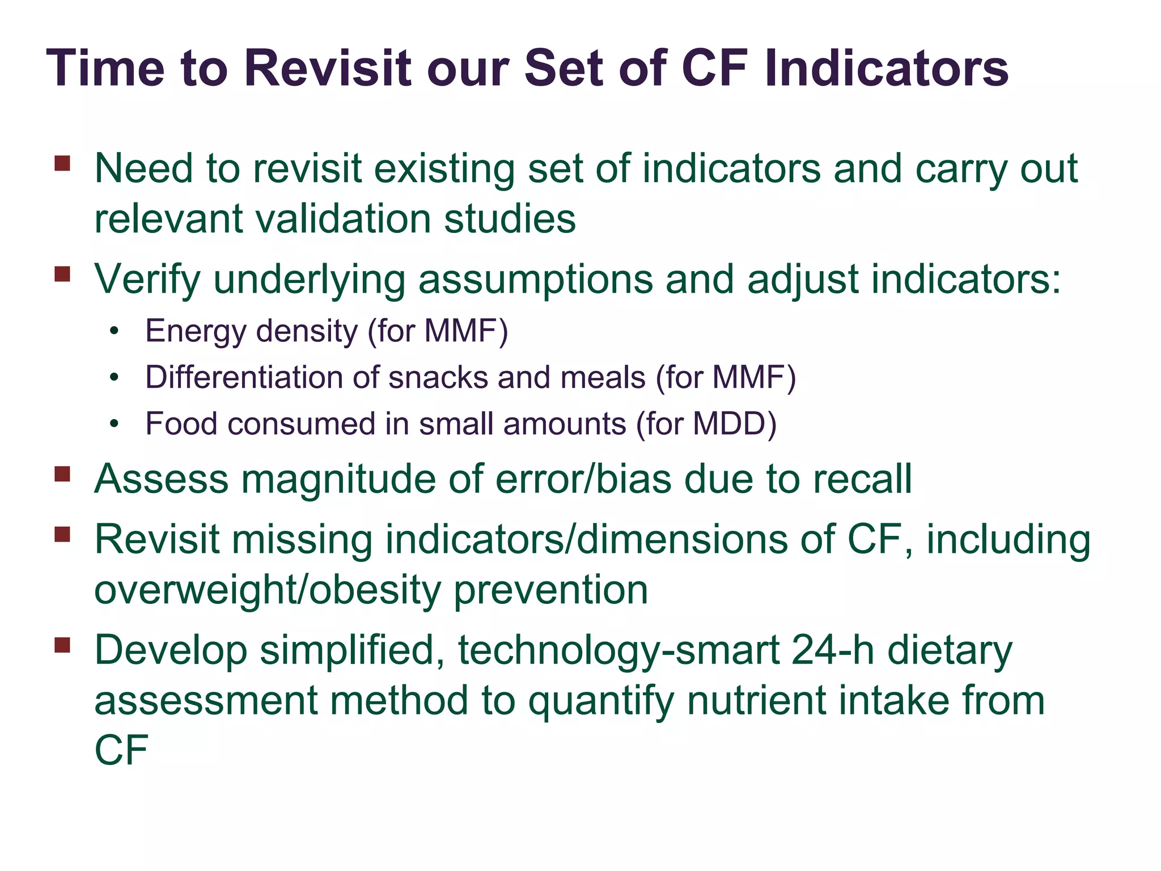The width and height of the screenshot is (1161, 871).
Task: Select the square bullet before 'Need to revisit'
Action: click(62, 164)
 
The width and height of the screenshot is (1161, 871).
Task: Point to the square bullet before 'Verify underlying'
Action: click(62, 274)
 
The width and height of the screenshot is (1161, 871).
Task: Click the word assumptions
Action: click(535, 280)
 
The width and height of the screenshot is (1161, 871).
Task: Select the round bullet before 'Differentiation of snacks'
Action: click(115, 377)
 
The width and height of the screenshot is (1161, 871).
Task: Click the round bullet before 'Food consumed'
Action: click(115, 424)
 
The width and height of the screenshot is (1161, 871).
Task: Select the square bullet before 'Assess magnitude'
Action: click(62, 473)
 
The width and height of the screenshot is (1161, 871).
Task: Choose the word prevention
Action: click(551, 590)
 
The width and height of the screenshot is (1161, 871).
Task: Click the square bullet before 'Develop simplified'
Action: click(62, 645)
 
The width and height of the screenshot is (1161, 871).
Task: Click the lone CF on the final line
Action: click(121, 750)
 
